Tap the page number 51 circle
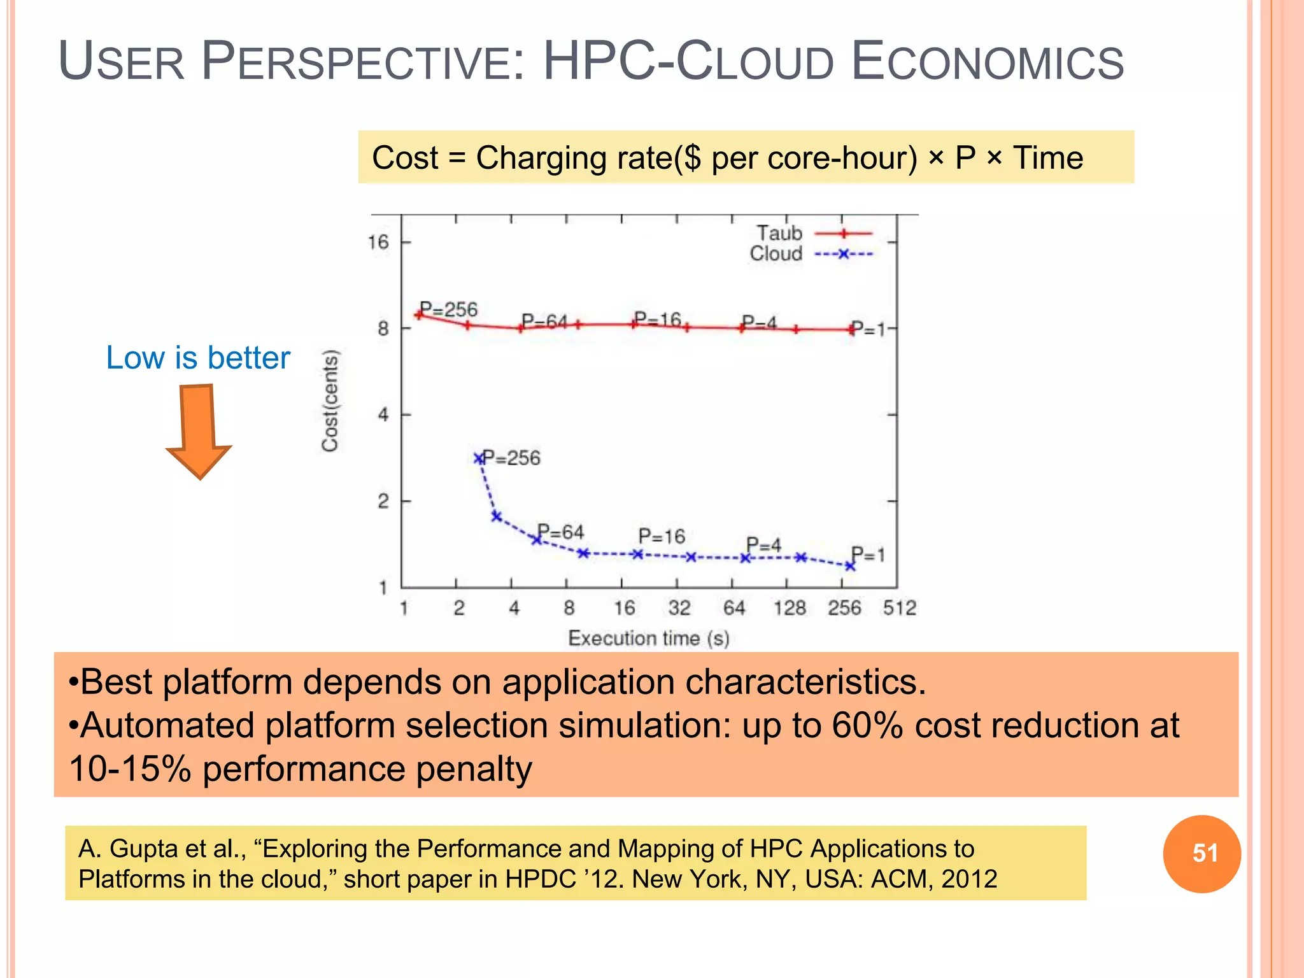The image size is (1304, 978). [1201, 853]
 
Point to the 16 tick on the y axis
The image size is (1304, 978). [378, 242]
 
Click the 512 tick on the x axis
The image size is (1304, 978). [899, 608]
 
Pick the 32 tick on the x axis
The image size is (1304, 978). [679, 608]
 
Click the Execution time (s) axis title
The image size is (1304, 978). [648, 638]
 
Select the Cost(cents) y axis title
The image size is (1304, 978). [330, 401]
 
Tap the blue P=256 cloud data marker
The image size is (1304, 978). [479, 458]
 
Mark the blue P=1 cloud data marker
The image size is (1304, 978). [850, 565]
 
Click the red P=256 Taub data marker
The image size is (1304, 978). [419, 315]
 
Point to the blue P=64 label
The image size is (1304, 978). [560, 532]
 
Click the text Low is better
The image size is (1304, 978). [198, 357]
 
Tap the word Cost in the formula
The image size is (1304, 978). [405, 158]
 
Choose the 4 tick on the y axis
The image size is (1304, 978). [383, 415]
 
